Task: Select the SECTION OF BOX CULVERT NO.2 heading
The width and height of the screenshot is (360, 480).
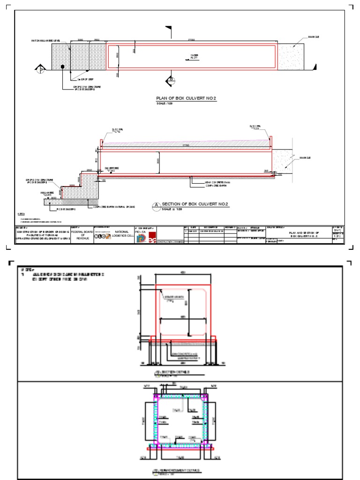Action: (x=195, y=204)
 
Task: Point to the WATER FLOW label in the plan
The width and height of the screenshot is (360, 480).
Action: (x=194, y=57)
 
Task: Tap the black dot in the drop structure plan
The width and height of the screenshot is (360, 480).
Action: (x=62, y=67)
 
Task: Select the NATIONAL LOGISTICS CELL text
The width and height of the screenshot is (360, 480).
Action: (x=122, y=233)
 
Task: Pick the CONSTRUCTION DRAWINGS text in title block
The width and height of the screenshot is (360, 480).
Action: (x=168, y=241)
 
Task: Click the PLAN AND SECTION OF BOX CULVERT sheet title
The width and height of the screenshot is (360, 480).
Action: (x=304, y=234)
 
